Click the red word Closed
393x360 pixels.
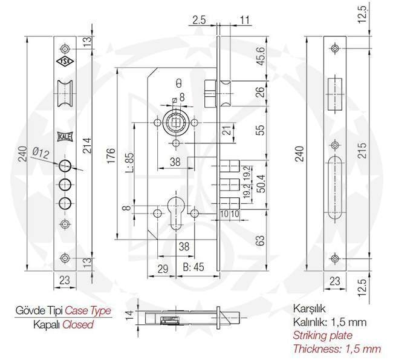[x=79, y=324]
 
